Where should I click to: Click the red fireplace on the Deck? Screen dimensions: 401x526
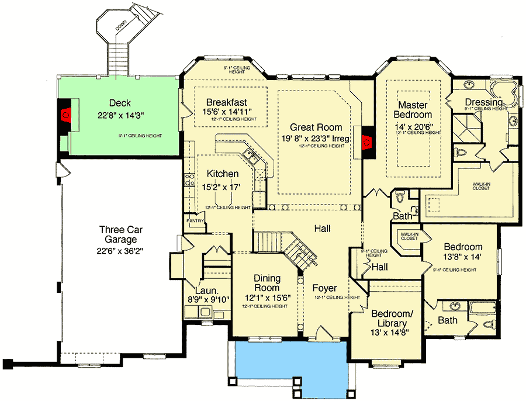click(x=66, y=113)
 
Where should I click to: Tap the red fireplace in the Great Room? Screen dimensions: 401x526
click(x=367, y=141)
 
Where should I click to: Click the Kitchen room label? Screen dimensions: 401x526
click(x=223, y=174)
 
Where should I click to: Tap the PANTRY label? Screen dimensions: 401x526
click(x=195, y=221)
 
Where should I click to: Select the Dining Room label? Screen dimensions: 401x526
click(x=267, y=284)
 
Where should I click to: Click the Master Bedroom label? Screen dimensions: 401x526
click(x=416, y=110)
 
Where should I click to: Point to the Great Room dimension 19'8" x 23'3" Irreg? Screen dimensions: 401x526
click(x=316, y=139)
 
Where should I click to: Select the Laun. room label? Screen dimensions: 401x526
click(x=206, y=291)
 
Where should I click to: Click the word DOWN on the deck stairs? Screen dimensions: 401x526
click(x=121, y=26)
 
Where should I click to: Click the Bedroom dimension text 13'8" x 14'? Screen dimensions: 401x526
click(x=463, y=258)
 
